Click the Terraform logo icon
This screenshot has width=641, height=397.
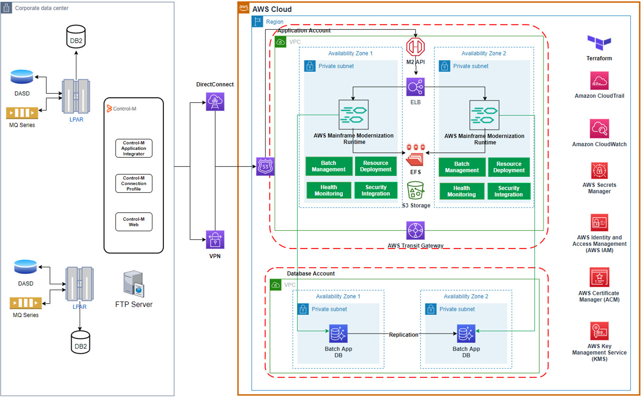599,42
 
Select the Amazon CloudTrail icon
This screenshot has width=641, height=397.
599,81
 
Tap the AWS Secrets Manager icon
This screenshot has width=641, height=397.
599,171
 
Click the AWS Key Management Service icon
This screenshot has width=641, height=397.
599,331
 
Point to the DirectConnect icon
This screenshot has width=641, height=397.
215,101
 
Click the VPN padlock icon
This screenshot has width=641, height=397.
215,240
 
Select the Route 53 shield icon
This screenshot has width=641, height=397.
265,166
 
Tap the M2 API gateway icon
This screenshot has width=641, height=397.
415,47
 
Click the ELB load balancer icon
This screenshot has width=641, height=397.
415,87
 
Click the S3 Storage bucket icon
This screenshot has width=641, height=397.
415,191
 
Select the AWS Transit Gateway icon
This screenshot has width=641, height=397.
415,231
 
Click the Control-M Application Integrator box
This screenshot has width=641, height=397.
134,148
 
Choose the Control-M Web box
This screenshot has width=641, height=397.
134,222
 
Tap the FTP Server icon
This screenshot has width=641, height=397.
134,284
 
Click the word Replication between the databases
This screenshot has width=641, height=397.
403,335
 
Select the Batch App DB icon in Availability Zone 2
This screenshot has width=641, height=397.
466,334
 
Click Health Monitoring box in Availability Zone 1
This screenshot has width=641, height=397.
329,190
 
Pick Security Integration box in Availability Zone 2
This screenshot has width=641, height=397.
509,191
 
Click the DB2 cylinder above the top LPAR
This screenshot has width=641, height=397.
76,37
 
